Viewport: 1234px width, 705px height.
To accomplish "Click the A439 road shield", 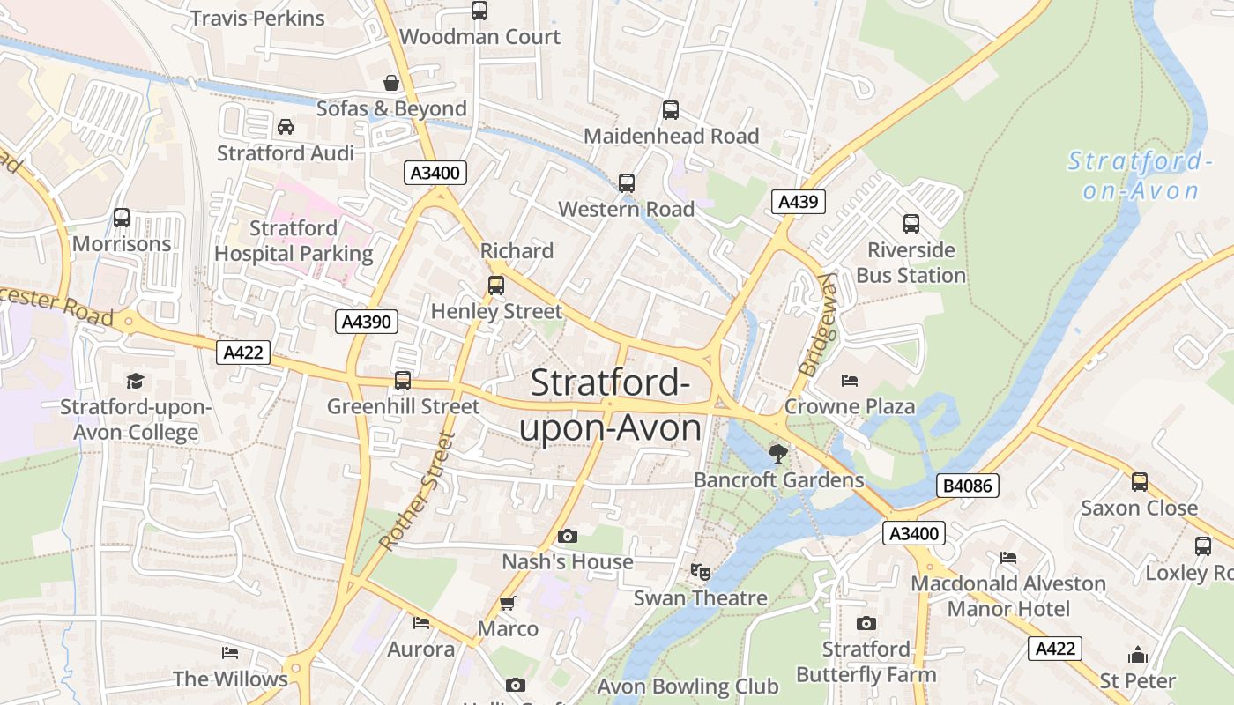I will [799, 202].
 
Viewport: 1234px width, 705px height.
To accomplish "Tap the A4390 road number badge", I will [367, 322].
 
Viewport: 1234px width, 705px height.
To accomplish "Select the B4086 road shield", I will [967, 485].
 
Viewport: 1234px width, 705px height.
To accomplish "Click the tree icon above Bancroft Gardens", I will [777, 454].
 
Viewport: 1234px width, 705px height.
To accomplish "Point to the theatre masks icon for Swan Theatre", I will [701, 572].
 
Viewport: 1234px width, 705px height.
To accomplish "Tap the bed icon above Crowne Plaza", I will [850, 381].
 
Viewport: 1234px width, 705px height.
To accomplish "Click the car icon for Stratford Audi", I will [286, 127].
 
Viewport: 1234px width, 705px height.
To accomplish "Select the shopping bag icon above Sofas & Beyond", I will [391, 83].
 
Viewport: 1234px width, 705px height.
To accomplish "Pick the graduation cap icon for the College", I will [135, 381].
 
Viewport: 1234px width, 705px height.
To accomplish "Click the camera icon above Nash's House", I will [568, 536].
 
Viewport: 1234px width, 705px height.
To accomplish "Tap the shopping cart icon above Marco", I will [507, 604].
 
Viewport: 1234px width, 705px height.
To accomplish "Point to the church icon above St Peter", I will [1137, 655].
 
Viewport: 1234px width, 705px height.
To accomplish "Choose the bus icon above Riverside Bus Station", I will [911, 224].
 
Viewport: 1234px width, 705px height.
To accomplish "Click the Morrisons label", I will [122, 244].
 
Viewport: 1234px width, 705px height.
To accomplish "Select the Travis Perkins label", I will [257, 18].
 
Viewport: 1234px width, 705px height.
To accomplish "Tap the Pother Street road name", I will [415, 491].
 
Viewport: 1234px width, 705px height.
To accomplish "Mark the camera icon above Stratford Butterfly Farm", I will [866, 624].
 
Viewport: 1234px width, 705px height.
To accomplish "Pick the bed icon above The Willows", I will [229, 653].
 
